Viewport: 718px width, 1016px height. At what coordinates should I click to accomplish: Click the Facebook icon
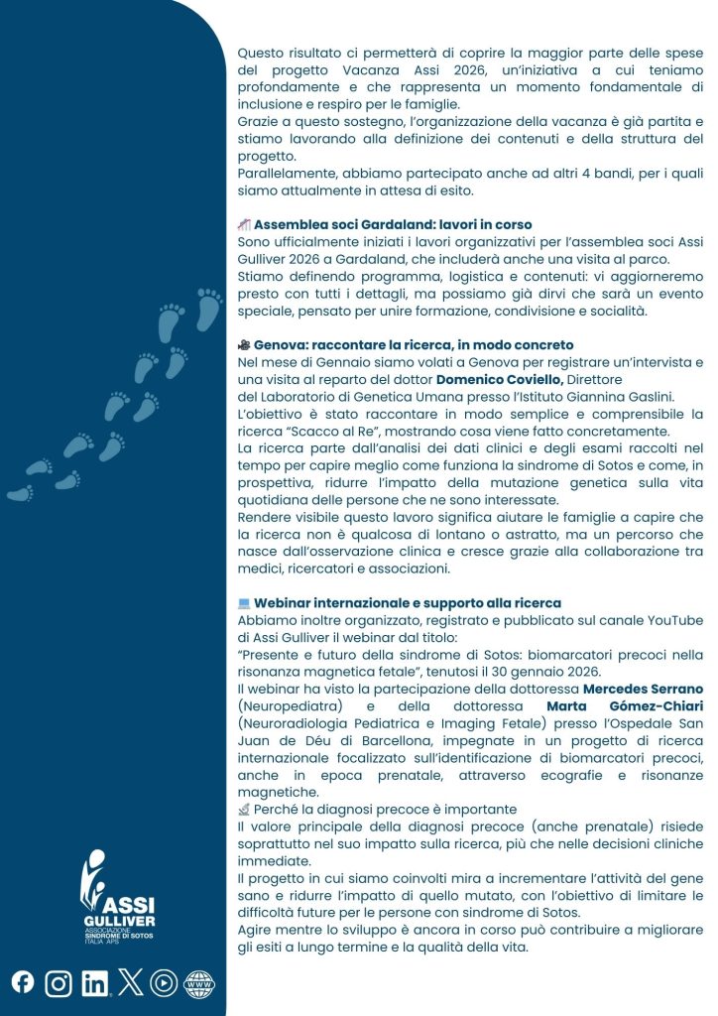[x=23, y=982]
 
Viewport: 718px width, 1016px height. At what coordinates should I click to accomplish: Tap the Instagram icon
[x=60, y=983]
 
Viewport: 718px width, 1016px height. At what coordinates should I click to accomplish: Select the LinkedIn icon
[x=95, y=983]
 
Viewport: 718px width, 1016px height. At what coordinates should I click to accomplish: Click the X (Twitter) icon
[x=131, y=982]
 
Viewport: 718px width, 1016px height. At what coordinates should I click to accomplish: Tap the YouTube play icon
[x=164, y=983]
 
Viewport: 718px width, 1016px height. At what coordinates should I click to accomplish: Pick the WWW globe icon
[x=199, y=983]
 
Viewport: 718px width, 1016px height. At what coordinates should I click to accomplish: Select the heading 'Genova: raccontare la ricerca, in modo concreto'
[x=414, y=344]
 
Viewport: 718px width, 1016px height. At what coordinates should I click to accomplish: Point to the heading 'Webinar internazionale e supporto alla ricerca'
[x=407, y=602]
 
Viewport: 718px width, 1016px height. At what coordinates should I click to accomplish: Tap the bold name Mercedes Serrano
[x=643, y=688]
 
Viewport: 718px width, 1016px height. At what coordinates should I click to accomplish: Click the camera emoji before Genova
[x=244, y=344]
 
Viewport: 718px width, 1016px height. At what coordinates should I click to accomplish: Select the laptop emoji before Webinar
[x=244, y=602]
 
